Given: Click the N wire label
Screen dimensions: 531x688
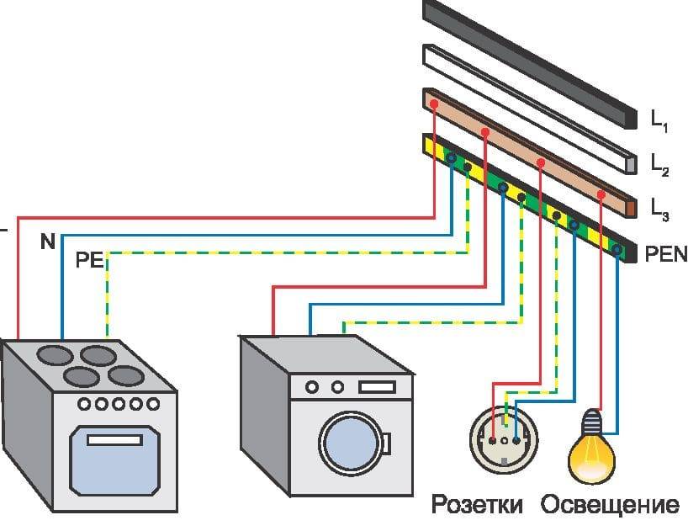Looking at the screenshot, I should tap(47, 242).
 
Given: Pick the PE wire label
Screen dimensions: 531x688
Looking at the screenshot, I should tap(89, 259).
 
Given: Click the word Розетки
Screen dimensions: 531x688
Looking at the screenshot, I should tap(477, 505).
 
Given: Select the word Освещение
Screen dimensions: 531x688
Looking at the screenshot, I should tap(610, 505).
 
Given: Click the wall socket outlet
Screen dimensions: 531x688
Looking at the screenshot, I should tap(503, 437).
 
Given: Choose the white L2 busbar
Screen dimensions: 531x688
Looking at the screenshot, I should tap(530, 105).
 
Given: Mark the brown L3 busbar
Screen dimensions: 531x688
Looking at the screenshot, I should tap(530, 151).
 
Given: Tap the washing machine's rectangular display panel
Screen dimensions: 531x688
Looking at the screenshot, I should tap(375, 387).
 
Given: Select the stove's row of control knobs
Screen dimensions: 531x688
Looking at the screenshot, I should tap(118, 404).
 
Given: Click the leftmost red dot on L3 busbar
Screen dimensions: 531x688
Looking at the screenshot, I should tap(433, 104).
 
